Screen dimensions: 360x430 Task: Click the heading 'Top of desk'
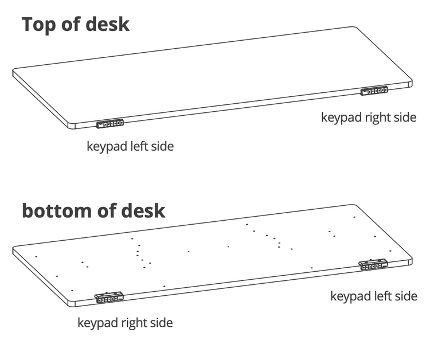pyautogui.click(x=75, y=25)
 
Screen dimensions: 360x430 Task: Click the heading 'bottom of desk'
pyautogui.click(x=93, y=210)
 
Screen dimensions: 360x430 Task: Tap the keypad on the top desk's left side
pyautogui.click(x=110, y=123)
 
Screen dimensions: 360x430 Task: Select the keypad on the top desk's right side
pyautogui.click(x=374, y=91)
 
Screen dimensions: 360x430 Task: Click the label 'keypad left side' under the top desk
pyautogui.click(x=130, y=146)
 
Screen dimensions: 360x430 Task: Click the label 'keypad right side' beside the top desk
pyautogui.click(x=368, y=118)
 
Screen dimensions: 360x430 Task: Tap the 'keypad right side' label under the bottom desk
pyautogui.click(x=125, y=323)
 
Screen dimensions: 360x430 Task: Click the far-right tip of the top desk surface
pyautogui.click(x=411, y=83)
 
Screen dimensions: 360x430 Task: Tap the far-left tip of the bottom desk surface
pyautogui.click(x=14, y=249)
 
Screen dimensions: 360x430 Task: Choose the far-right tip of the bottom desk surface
pyautogui.click(x=411, y=260)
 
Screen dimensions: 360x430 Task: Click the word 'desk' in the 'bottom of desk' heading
pyautogui.click(x=143, y=210)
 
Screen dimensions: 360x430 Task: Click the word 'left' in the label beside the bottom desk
pyautogui.click(x=382, y=296)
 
